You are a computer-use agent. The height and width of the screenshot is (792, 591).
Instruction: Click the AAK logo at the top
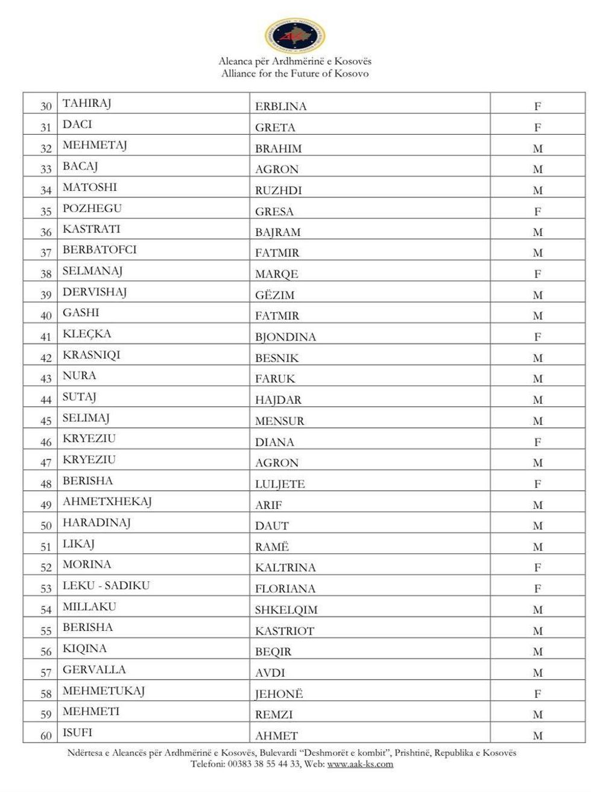295,36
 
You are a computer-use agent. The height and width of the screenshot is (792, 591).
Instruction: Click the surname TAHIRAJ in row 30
87,104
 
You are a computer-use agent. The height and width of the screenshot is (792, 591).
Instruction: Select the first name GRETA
275,127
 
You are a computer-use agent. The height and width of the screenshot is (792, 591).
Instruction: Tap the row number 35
46,212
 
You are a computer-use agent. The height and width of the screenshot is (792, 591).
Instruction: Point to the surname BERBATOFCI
100,250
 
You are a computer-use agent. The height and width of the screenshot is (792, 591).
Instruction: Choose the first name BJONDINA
285,337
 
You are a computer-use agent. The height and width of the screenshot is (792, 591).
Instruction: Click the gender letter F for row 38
537,274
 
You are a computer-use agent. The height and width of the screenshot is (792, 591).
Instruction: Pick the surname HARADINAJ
96,523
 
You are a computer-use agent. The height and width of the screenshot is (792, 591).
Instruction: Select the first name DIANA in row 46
274,442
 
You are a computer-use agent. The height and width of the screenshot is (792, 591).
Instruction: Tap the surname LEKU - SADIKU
106,586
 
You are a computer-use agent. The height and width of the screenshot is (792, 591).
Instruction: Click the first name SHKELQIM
286,610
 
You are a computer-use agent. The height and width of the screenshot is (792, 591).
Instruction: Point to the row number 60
46,736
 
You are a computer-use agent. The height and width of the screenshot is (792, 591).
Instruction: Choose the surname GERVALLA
94,669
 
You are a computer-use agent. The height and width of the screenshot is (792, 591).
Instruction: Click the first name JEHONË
279,694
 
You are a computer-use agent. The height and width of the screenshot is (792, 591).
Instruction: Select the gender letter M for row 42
537,358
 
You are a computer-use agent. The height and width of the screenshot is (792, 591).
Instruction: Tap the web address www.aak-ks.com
360,764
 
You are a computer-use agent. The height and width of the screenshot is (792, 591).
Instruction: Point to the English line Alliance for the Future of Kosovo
295,74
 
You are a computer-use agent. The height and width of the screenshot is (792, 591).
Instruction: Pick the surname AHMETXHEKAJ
107,502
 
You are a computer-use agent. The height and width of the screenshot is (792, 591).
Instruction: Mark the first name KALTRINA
285,567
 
